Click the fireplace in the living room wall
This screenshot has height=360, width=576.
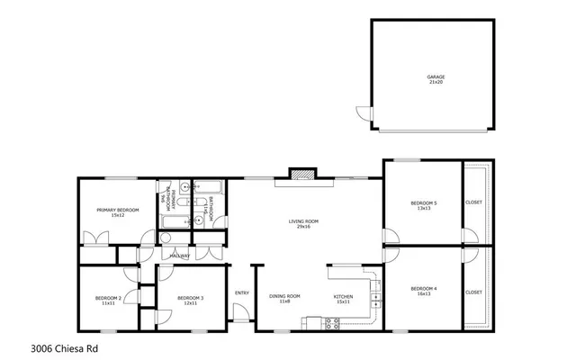pos(303,173)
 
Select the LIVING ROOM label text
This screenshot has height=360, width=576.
pos(302,223)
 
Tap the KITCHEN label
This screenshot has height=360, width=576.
pos(343,298)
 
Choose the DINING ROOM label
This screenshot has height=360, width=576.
pos(284,298)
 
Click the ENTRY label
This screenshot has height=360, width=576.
pos(241,292)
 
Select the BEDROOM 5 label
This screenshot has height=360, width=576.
pos(423,205)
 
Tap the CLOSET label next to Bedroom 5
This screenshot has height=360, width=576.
pos(473,202)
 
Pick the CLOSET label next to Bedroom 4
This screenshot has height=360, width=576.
pos(473,292)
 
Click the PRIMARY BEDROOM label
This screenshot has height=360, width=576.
pos(117,212)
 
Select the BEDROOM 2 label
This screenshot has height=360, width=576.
pos(108,300)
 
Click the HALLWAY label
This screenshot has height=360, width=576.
pos(179,256)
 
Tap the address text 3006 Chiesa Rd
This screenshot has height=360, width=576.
pos(64,346)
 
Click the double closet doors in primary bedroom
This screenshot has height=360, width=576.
pos(95,239)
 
